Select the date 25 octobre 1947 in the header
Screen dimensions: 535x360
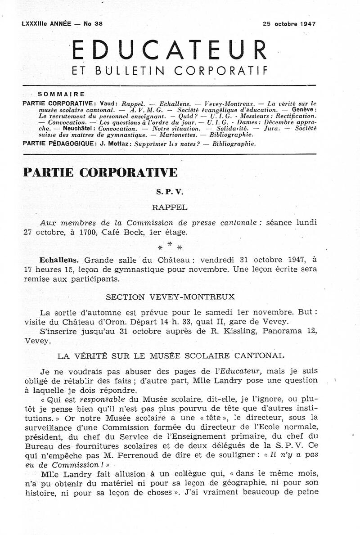coord(289,24)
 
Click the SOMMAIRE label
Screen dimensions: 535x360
coord(62,94)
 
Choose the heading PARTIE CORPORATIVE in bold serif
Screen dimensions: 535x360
coord(100,172)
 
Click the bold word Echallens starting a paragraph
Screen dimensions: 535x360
coord(59,260)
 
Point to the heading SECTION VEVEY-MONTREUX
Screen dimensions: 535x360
coord(170,297)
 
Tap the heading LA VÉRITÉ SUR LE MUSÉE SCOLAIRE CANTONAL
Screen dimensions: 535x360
coord(170,355)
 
